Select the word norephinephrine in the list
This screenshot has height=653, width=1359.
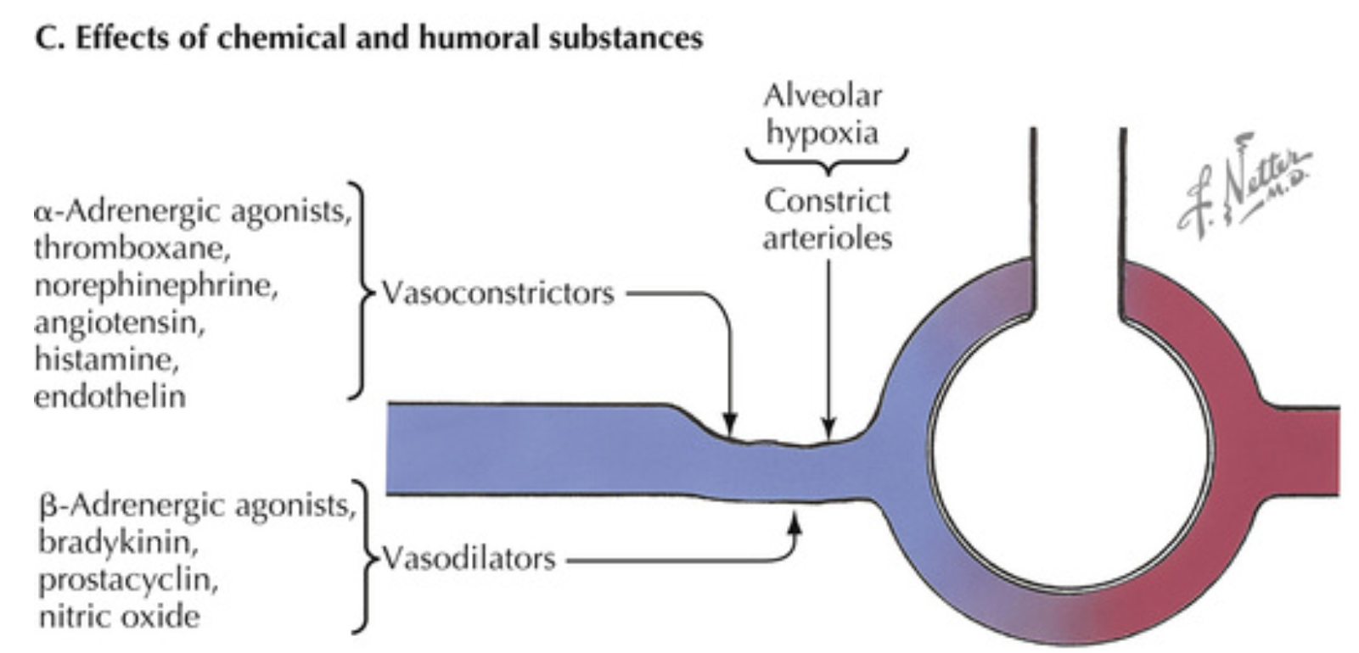pos(156,286)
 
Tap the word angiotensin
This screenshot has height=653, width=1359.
pos(119,322)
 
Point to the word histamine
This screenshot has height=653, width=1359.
pos(106,360)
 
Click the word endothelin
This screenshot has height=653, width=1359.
pos(110,396)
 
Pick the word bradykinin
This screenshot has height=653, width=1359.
pos(118,542)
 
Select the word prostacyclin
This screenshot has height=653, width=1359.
pos(128,580)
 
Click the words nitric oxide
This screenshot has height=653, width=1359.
pos(120,616)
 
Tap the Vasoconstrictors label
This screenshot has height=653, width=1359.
pos(497,293)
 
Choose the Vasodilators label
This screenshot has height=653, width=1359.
pos(469,558)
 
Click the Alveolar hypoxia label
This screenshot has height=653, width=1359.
pos(822,114)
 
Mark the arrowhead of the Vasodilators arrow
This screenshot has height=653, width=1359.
pos(795,521)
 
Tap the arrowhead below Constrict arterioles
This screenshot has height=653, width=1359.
pos(829,427)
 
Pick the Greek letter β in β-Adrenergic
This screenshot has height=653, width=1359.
pos(48,506)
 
